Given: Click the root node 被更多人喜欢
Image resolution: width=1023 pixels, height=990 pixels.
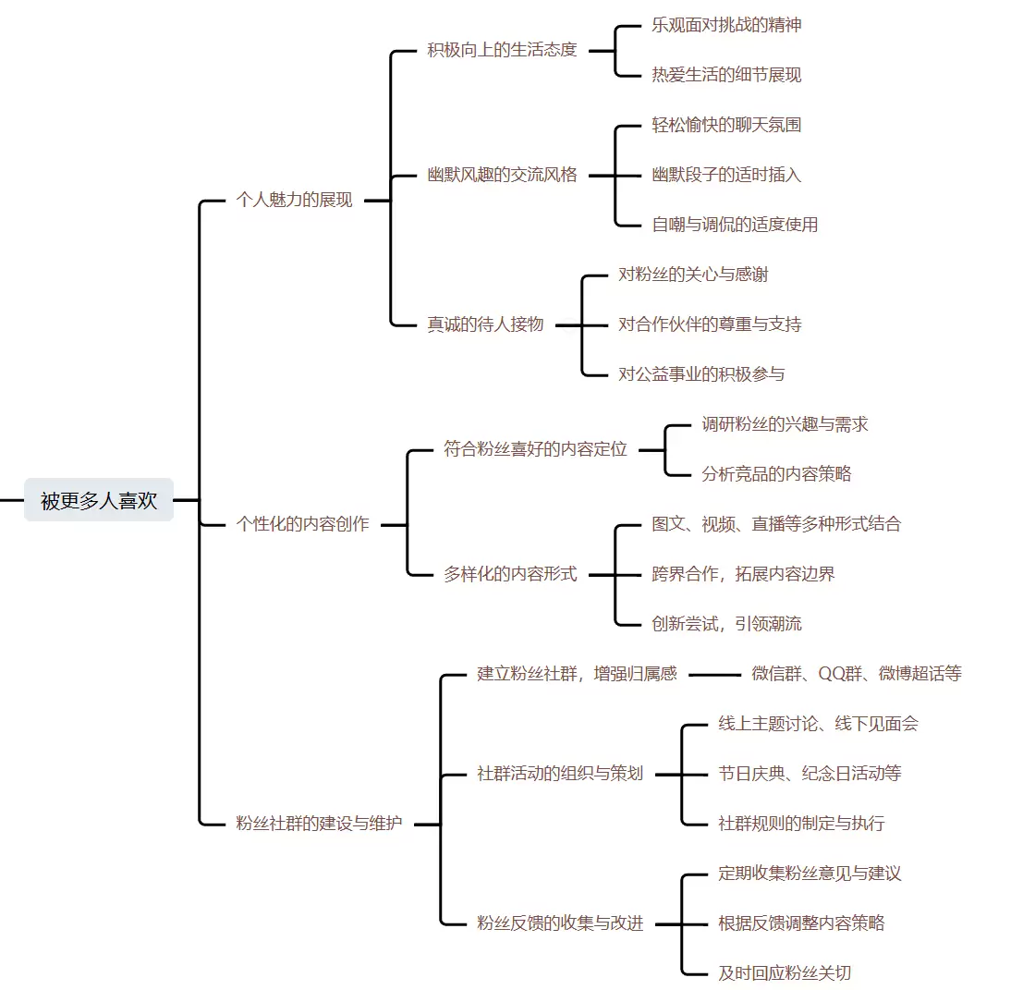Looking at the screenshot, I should point(99,500).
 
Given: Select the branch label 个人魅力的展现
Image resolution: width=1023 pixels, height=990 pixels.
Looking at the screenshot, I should point(295,200).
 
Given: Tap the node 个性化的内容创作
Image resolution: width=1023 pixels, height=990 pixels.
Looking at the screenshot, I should point(303,524).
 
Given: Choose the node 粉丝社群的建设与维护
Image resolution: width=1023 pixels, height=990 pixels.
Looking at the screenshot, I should point(320,823).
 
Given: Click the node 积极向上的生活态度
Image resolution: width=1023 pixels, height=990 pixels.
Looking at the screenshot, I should point(502,50).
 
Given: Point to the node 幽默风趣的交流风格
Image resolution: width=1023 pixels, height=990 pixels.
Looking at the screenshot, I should point(502,175).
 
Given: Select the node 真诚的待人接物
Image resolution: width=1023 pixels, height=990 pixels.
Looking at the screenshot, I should point(485,324).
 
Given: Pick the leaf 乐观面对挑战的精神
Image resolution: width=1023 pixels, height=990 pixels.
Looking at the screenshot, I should point(726,25).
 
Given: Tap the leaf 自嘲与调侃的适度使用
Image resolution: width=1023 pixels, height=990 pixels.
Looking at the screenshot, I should point(735,224).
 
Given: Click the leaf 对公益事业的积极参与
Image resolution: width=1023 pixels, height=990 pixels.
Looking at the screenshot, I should point(701,374).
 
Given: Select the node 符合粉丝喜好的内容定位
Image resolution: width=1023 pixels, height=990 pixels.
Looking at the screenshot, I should point(535,449).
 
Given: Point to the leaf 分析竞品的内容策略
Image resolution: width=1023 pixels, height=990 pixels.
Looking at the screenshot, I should point(776,474).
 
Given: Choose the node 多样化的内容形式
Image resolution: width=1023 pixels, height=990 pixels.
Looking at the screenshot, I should point(510,574).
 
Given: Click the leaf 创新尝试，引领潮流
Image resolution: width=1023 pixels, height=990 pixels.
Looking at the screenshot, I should point(726,624).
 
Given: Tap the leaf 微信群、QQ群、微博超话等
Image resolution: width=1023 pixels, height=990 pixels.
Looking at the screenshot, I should point(857,674).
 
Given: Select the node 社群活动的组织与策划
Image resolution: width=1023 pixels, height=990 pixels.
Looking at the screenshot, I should point(560,774).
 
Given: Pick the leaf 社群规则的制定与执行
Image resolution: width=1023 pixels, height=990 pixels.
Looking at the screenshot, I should point(801,823).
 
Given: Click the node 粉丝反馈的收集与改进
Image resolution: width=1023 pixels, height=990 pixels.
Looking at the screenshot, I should point(560,923).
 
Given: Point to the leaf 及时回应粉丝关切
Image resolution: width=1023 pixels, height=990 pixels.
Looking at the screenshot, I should point(785,972).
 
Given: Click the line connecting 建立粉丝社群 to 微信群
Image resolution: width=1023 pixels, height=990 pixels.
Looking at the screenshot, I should point(714,675).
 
